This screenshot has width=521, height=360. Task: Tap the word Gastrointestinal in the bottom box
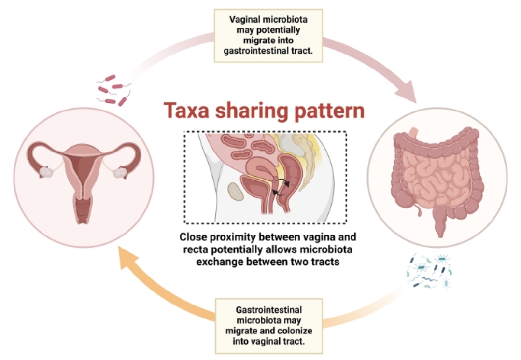[x=269, y=309]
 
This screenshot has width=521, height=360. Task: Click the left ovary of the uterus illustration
[x=46, y=172]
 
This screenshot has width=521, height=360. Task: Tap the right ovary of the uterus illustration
[x=120, y=173]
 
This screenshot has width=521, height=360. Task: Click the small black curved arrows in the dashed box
[x=281, y=187]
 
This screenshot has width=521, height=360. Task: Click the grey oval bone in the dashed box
[x=236, y=192]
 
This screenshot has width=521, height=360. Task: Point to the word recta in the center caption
[x=196, y=250]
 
